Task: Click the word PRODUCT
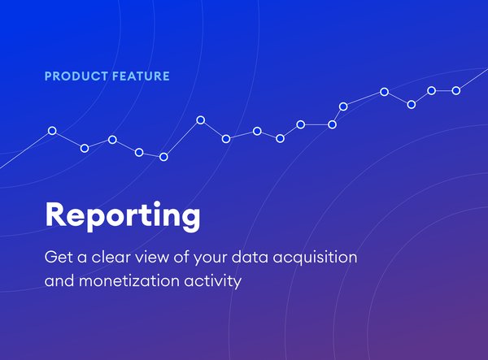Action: pos(76,76)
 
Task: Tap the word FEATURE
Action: pos(141,76)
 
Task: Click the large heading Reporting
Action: pos(123,216)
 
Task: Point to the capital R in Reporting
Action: pos(56,215)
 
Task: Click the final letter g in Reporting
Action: pos(190,220)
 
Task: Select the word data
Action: pos(250,257)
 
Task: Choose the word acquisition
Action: pos(316,258)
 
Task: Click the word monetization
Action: pos(129,280)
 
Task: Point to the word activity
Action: pos(213,282)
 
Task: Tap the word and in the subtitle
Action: pos(59,280)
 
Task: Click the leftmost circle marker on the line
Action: pos(52,131)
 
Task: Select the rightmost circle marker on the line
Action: pos(456,90)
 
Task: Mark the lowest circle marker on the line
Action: pos(163,157)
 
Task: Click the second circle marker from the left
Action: pos(85,148)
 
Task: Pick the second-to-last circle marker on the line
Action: pos(431,90)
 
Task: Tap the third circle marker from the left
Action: pos(112,140)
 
